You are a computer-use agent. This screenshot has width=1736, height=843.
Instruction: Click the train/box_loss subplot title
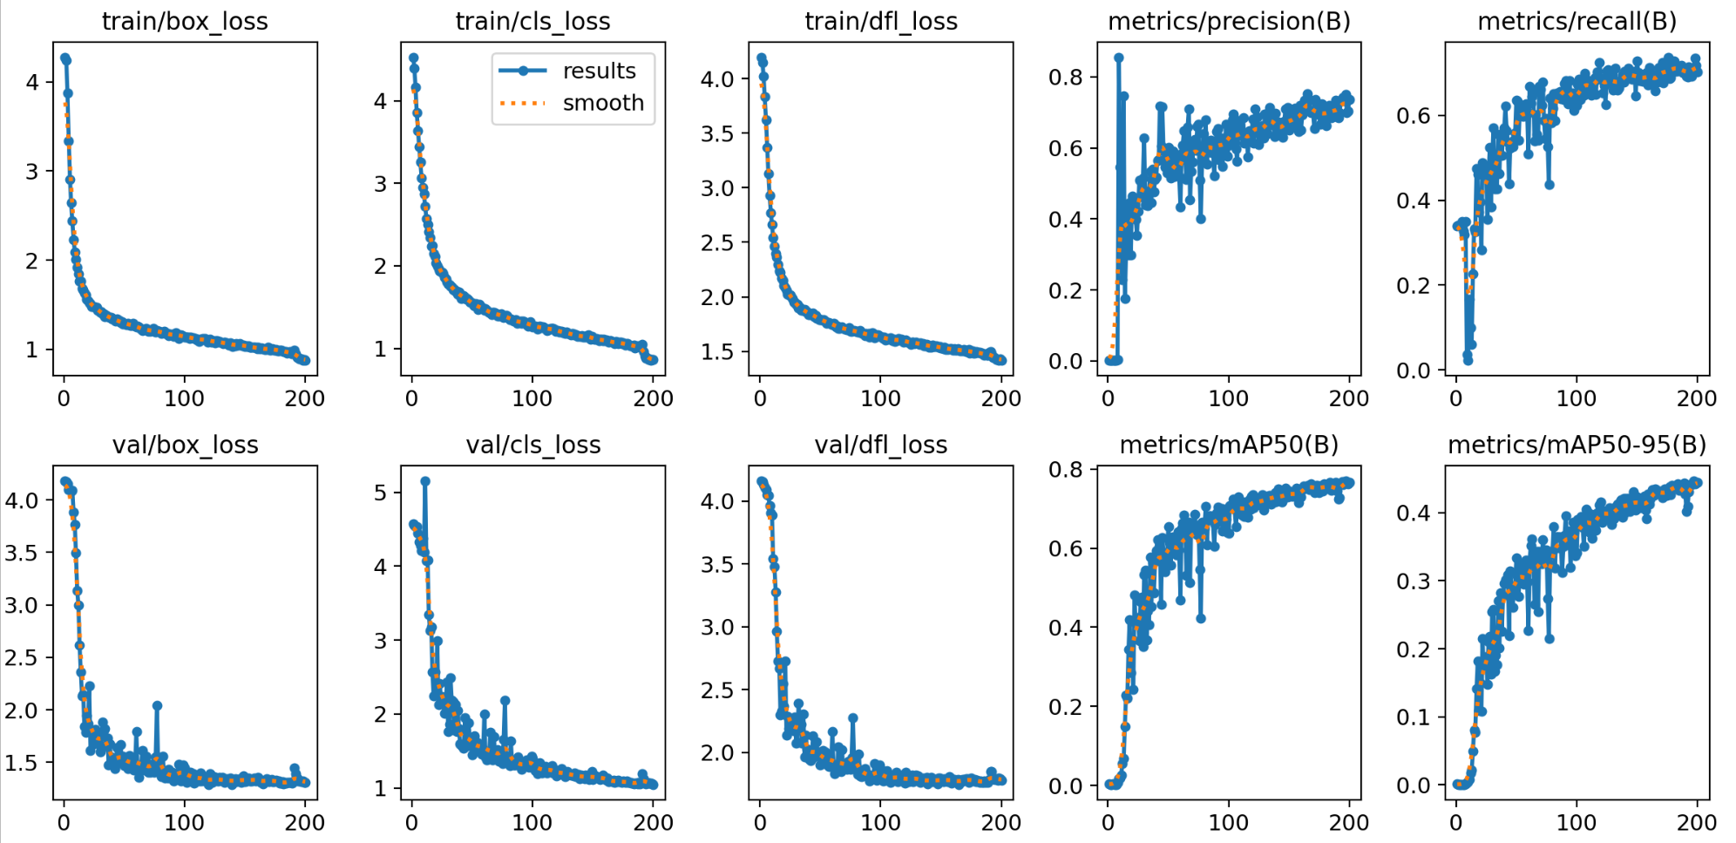[185, 21]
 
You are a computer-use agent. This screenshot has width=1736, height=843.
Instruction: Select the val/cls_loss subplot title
[533, 445]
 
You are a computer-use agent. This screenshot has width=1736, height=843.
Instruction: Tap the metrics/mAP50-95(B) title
[1577, 445]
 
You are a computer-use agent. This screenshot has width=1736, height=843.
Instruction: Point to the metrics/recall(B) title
[1577, 21]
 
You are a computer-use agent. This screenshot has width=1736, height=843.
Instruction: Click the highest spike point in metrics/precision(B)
[1118, 58]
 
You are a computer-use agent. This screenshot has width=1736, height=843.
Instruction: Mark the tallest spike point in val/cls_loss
[425, 481]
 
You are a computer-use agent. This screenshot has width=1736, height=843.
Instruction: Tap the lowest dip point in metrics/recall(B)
[1468, 360]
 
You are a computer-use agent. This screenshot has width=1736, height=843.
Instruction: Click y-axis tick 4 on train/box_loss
[32, 83]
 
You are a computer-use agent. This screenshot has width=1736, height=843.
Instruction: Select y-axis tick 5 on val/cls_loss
[381, 493]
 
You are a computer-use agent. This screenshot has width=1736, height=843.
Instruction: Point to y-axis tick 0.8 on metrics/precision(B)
[1065, 78]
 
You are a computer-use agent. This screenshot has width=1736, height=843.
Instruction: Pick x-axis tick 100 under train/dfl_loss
[880, 398]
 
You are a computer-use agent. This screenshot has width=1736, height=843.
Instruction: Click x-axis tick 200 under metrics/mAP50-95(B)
[1696, 822]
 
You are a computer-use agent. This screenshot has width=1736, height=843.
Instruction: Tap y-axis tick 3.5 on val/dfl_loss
[718, 564]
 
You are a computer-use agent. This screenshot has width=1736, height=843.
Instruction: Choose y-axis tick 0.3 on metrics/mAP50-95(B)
[1414, 581]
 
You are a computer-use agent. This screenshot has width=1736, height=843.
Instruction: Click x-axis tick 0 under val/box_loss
[64, 822]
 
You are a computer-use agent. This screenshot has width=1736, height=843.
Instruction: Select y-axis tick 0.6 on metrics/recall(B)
[1414, 115]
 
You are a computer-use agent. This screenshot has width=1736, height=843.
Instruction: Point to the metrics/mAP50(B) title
[1229, 445]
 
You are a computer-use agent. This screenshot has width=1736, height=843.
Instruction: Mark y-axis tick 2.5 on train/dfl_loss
[718, 242]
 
